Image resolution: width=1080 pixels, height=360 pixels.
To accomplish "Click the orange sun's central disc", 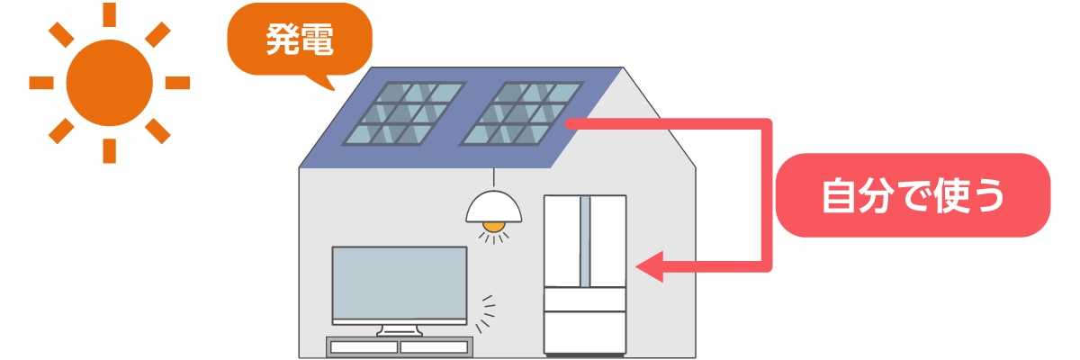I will coord(109,83).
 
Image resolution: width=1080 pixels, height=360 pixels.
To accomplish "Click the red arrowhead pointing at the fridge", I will coord(650,266).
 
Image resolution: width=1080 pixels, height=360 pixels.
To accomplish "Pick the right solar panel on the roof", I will coord(520,114).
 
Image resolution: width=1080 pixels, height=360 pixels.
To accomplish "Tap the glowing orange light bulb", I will coord(493,225).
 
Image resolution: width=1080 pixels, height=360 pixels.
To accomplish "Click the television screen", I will coord(400,283).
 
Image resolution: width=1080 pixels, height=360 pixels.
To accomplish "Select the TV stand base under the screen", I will coord(399,330).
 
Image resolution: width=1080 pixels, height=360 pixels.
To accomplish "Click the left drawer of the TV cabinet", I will coord(364,346).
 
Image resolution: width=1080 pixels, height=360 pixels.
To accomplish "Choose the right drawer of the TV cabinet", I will coord(435,346).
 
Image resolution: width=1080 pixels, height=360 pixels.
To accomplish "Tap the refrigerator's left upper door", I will coord(563,238).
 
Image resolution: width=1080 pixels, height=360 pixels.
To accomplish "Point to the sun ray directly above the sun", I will coord(109,14).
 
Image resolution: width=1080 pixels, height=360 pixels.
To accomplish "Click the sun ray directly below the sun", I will coord(109,151).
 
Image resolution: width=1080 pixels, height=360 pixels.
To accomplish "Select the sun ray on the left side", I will coord(41,83).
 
